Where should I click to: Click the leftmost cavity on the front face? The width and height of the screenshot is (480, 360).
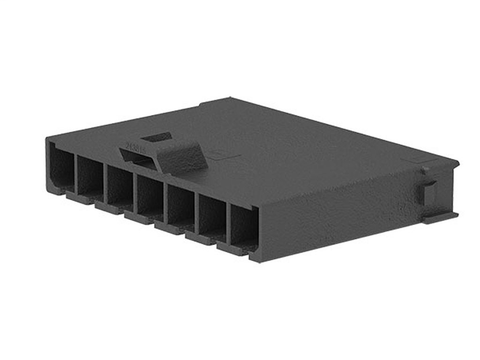(x=60, y=168)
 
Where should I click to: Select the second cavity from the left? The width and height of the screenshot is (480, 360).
(x=90, y=178)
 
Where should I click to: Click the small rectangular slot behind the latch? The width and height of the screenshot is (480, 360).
(x=155, y=138)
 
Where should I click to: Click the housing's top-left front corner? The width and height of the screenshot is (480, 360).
(x=45, y=141)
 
